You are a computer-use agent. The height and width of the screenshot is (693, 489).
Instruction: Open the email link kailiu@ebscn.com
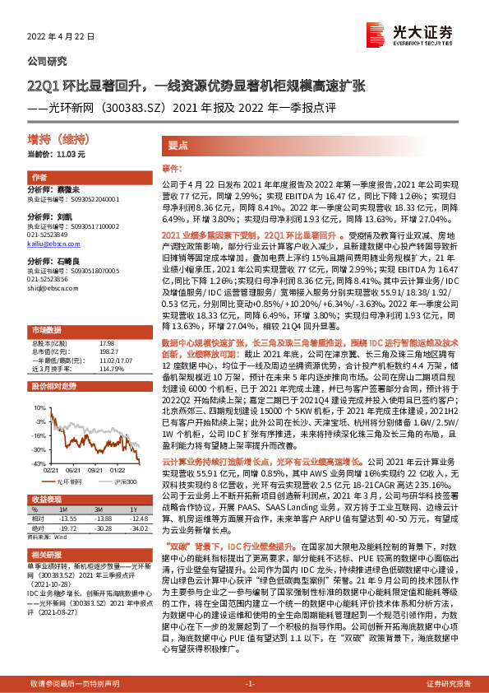click(50, 244)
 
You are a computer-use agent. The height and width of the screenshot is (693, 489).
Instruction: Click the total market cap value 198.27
click(108, 327)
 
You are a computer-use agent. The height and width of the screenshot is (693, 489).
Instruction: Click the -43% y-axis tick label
click(38, 464)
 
